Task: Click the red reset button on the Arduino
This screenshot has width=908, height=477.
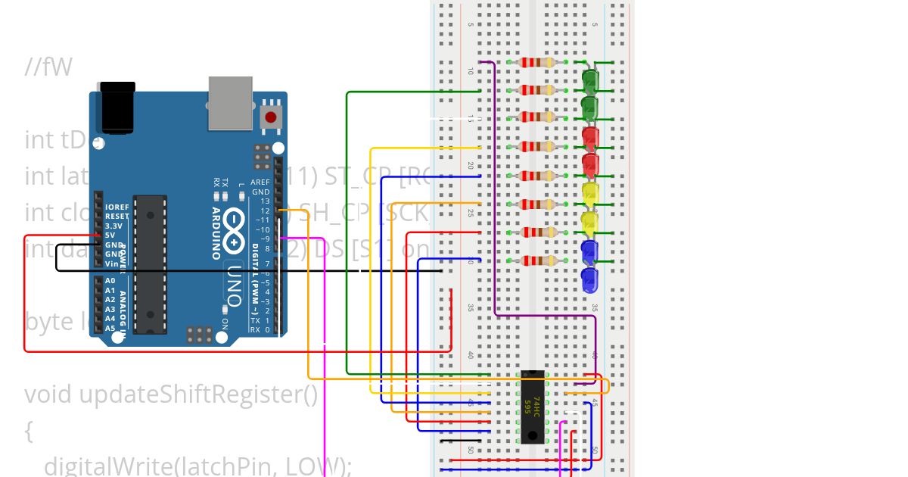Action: [270, 117]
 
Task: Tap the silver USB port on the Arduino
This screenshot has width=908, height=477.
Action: [232, 101]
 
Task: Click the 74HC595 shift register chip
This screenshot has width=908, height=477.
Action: [533, 407]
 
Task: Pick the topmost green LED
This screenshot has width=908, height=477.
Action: [590, 79]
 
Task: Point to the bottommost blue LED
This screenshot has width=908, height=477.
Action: [590, 280]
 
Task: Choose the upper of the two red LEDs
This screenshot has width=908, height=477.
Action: [590, 137]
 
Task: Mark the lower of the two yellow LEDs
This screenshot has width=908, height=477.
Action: [590, 223]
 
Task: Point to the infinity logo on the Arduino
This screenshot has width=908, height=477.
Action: [235, 231]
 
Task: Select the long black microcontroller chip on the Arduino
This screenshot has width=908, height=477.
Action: [150, 263]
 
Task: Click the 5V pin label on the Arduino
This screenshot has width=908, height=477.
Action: [112, 235]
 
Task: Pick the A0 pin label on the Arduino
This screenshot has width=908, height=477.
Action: [110, 281]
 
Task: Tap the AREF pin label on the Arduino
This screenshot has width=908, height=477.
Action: [260, 182]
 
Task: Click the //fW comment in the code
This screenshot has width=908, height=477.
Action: [48, 68]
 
